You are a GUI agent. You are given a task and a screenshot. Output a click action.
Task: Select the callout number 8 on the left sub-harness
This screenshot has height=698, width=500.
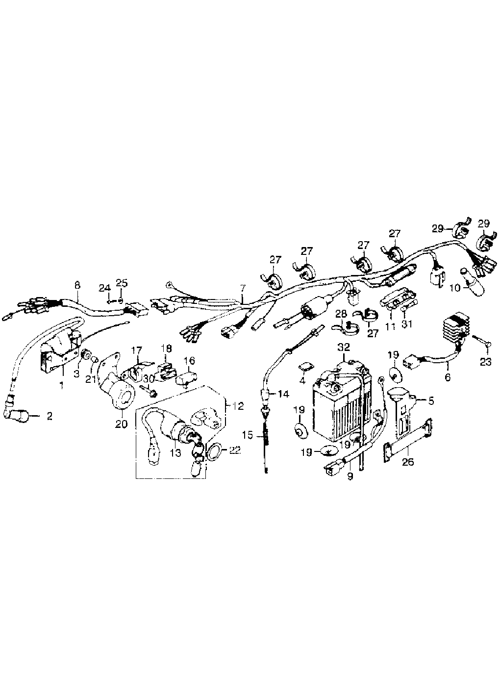76,284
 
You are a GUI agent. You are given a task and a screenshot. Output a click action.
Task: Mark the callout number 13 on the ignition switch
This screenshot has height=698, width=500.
175,453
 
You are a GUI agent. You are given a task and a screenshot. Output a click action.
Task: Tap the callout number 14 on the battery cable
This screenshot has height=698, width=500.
283,394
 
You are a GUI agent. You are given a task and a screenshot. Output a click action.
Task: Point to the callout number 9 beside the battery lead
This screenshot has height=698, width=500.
350,474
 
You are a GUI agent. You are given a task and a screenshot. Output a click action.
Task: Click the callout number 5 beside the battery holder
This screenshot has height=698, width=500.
430,401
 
